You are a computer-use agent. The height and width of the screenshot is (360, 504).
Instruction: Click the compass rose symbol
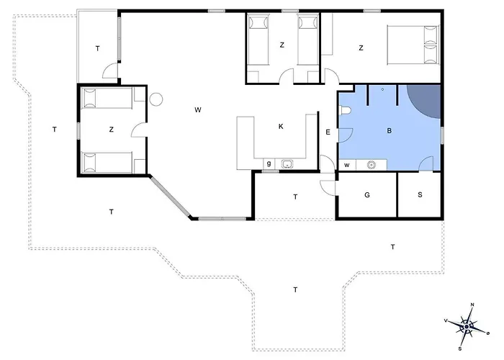click(467, 327)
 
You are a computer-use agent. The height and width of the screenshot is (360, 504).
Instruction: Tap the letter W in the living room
click(198, 110)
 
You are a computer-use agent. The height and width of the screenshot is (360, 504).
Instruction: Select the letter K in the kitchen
click(281, 127)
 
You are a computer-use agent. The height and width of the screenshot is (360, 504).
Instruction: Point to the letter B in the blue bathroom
click(390, 131)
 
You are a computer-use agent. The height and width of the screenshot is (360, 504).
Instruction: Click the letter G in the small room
click(367, 195)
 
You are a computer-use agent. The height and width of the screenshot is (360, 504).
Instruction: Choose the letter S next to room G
click(420, 195)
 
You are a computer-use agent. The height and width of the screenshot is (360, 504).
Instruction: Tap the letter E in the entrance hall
click(328, 132)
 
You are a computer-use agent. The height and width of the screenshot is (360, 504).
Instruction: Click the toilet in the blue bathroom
click(345, 110)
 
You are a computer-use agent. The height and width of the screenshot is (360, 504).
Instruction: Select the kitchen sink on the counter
click(287, 164)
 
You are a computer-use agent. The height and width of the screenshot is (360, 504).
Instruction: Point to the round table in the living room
click(156, 99)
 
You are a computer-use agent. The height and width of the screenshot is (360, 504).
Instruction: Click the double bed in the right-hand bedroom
click(413, 45)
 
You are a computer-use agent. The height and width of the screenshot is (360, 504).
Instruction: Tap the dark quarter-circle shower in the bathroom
click(427, 99)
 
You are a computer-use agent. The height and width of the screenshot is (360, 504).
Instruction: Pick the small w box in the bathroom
click(347, 165)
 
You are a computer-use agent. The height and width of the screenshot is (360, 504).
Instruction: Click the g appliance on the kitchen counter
click(269, 164)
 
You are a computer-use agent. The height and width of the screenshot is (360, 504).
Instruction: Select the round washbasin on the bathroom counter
click(371, 165)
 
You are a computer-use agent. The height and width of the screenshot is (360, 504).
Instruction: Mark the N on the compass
click(472, 305)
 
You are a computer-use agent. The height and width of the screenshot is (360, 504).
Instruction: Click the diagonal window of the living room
click(170, 197)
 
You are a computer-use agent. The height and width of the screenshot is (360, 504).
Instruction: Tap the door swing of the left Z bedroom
click(139, 130)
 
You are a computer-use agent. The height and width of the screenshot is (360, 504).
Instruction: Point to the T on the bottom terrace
click(295, 290)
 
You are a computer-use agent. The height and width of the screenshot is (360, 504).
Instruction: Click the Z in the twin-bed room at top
click(282, 45)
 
